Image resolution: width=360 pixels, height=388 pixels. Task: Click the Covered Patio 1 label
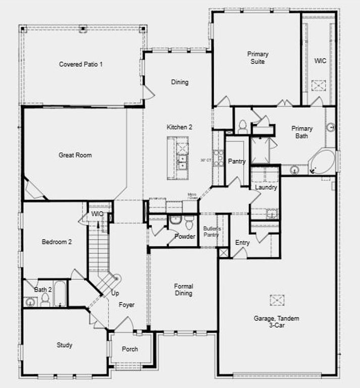pos(81,64)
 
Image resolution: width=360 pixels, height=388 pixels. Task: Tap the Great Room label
pos(75,155)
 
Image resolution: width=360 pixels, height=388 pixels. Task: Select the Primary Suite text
pos(258,58)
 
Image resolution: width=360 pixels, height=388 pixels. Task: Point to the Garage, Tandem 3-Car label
pos(276,322)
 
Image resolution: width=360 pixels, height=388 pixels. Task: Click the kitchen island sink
pos(182,161)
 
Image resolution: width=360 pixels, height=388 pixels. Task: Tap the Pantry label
pos(237,162)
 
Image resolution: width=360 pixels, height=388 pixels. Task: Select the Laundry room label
pos(266,187)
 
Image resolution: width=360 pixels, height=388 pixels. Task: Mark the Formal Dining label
pos(184,289)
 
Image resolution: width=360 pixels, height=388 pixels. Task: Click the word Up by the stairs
pos(115,293)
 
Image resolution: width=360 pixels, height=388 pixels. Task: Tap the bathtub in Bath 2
pos(60,294)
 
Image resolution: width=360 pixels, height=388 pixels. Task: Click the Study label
pos(64,345)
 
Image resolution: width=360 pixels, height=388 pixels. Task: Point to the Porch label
pos(130,349)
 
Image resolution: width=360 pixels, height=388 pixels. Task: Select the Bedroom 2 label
pos(57,242)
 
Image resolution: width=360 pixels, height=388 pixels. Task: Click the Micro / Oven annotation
pos(192,196)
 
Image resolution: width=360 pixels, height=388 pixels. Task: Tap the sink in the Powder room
pos(175,220)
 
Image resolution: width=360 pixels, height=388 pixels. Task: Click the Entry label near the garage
pos(242,243)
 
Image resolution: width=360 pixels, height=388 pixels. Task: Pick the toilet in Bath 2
pos(45,300)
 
